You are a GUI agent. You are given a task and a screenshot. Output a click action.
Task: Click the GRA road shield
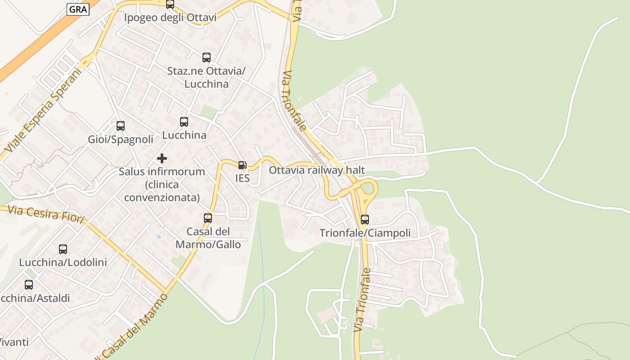(x=78, y=9)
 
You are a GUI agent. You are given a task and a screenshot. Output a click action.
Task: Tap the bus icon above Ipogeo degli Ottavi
(x=170, y=4)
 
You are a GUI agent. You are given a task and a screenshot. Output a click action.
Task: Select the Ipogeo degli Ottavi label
(x=170, y=18)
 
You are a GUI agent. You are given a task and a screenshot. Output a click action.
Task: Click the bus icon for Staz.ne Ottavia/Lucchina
(x=207, y=58)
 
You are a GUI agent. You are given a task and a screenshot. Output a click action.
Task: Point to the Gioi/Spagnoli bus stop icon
(x=121, y=126)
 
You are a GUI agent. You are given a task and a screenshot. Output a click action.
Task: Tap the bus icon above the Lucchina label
(x=184, y=122)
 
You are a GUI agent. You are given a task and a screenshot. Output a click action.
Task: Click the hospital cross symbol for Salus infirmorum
(x=162, y=158)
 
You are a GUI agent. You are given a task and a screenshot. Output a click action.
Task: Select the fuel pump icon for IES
(x=242, y=165)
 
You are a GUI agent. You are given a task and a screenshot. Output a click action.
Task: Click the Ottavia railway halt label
(x=317, y=170)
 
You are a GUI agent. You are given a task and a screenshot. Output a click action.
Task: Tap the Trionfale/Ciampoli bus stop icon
(x=365, y=220)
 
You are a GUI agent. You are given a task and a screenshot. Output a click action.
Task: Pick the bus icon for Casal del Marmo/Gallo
(x=208, y=218)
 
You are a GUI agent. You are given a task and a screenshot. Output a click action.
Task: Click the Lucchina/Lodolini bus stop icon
(x=63, y=249)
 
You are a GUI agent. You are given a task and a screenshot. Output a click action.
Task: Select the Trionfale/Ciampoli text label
(x=365, y=233)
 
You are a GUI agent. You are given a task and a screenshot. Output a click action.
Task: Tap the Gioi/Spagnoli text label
(x=121, y=139)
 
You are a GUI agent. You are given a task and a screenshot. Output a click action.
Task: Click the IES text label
(x=242, y=178)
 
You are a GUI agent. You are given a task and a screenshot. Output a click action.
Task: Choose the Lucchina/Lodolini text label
(x=63, y=262)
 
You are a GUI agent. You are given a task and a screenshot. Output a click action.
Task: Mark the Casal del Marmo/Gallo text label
(x=208, y=238)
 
